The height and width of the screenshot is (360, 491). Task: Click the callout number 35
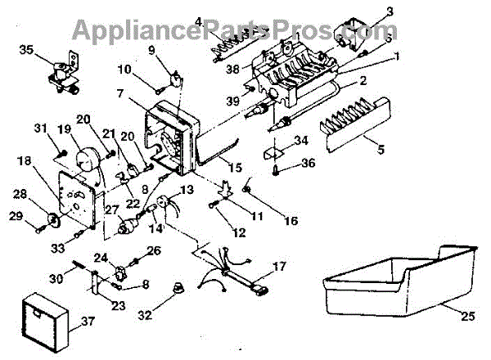[27, 50]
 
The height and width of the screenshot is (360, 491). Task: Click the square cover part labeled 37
[46, 314]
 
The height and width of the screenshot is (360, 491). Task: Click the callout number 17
[280, 266]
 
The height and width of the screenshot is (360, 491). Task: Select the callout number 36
[308, 162]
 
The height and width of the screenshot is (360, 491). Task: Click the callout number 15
[236, 168]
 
